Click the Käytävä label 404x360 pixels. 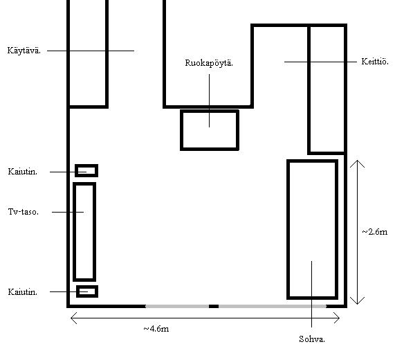click(x=24, y=51)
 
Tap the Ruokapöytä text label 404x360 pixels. click(x=209, y=63)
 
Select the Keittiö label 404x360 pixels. click(x=375, y=62)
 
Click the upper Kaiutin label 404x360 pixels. click(x=23, y=172)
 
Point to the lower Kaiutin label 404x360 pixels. click(x=23, y=292)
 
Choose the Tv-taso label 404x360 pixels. click(x=24, y=212)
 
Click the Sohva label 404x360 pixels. click(x=312, y=339)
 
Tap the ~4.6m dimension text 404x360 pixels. click(x=156, y=329)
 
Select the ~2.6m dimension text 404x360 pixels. click(x=375, y=232)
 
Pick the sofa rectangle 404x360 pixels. click(x=288, y=230)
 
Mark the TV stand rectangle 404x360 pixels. click(x=75, y=232)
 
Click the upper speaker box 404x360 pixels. click(x=86, y=165)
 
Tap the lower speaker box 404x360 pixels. click(x=87, y=286)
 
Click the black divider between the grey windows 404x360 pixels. click(x=214, y=307)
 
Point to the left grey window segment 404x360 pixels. click(x=177, y=307)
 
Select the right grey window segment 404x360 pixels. click(x=273, y=307)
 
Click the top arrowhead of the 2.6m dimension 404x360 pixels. click(x=357, y=161)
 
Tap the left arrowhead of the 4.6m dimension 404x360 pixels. click(x=71, y=318)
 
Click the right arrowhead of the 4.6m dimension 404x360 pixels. click(x=340, y=318)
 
